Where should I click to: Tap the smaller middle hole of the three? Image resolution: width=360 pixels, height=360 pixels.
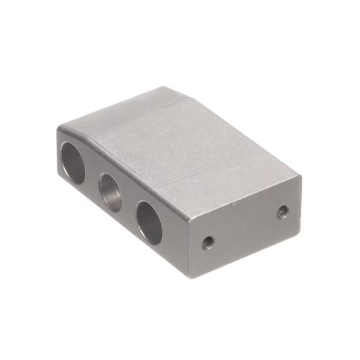point(110,192)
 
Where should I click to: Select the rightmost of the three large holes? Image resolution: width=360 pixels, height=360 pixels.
point(149,221)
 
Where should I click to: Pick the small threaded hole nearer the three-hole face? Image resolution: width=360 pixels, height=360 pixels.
point(207,242)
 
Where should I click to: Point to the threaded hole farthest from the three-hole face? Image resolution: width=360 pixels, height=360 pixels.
point(282,211)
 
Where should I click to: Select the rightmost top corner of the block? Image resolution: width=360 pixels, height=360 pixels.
point(299,176)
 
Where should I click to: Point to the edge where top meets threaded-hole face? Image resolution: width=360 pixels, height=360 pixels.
point(246,197)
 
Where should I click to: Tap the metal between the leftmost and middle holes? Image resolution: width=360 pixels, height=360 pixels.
point(91,178)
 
